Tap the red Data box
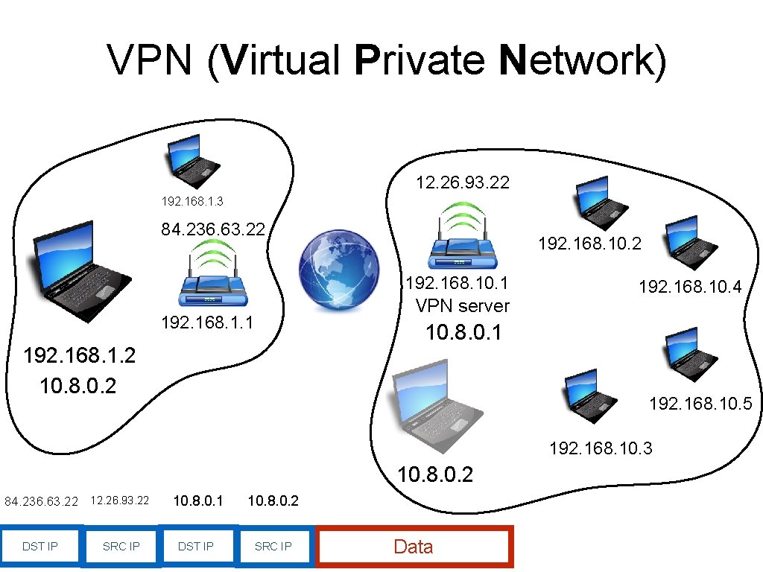pyautogui.click(x=414, y=547)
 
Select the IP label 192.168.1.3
pyautogui.click(x=192, y=201)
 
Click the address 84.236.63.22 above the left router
pyautogui.click(x=214, y=229)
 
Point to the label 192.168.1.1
pyautogui.click(x=207, y=323)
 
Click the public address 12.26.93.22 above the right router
pyautogui.click(x=463, y=182)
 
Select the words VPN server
pyautogui.click(x=463, y=305)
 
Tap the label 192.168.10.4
pyautogui.click(x=690, y=287)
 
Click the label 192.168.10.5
pyautogui.click(x=700, y=404)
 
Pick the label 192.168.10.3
pyautogui.click(x=601, y=448)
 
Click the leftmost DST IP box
pyautogui.click(x=39, y=547)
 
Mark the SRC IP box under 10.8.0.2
pyautogui.click(x=273, y=547)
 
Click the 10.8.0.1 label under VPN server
pyautogui.click(x=463, y=333)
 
